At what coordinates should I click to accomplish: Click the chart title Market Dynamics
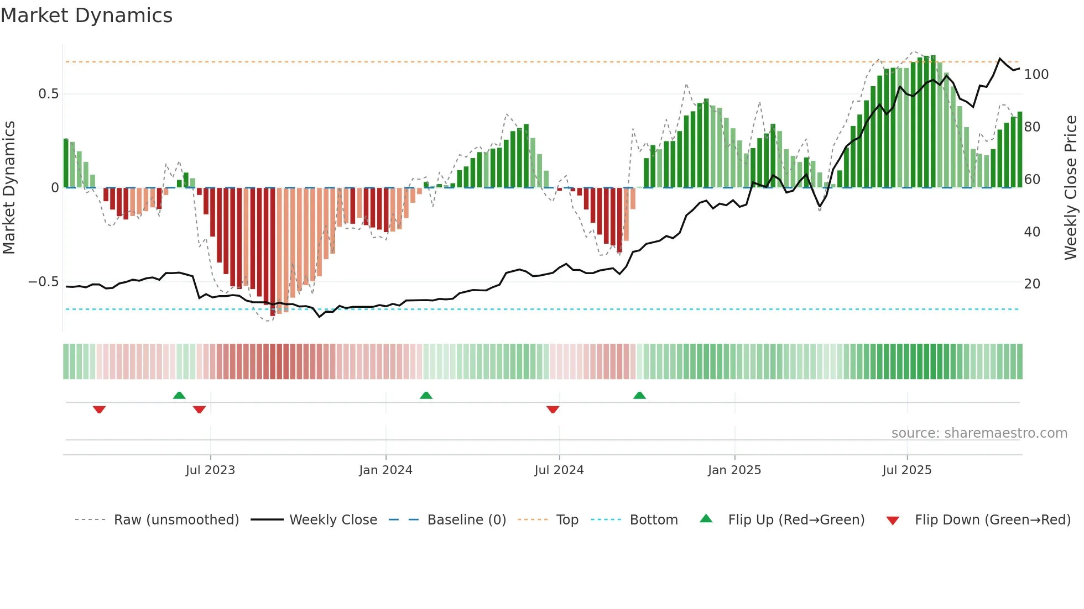(86, 15)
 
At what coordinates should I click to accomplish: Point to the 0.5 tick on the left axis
(48, 94)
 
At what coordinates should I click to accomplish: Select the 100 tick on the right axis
(1036, 75)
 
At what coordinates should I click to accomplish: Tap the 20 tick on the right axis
(1032, 284)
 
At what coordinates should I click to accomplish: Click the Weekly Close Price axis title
(1071, 188)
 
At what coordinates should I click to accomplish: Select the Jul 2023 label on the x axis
(210, 470)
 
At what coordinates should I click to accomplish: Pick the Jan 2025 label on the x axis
(734, 470)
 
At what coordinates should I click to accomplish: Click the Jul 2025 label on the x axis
(906, 470)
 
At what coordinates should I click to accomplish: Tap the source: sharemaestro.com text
(979, 433)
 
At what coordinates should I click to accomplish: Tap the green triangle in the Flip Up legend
(706, 518)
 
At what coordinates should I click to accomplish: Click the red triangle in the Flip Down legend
(893, 521)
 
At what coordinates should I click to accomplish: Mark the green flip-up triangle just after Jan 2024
(426, 396)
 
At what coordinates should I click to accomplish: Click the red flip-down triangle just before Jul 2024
(553, 410)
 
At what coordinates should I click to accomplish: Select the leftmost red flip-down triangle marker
(99, 410)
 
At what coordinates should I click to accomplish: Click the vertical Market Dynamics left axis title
(9, 188)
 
